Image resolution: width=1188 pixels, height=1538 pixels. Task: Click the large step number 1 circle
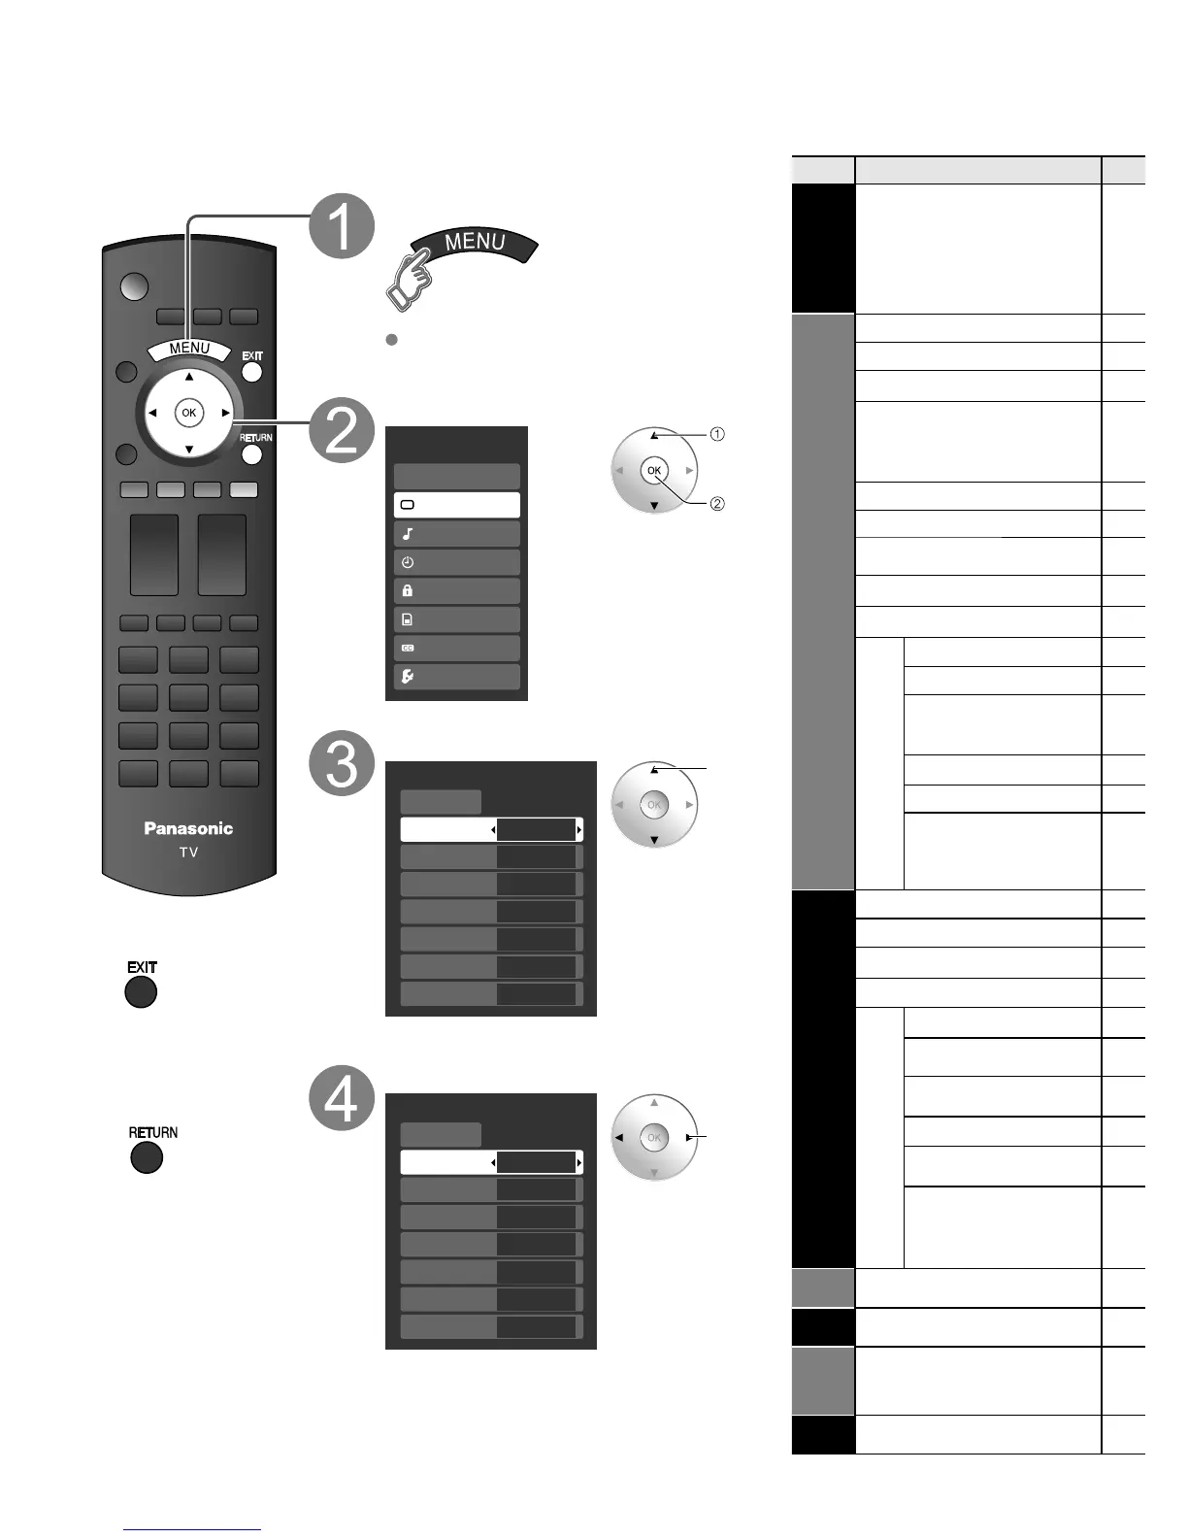343,225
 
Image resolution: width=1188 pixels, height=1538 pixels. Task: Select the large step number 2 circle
343,430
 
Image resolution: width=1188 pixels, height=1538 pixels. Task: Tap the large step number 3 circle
343,764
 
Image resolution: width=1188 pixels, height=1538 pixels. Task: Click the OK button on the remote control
188,413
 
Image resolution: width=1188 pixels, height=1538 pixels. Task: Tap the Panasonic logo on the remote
188,828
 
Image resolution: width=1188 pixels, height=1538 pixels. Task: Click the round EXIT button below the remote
141,992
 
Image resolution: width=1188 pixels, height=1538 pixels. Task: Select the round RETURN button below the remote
147,1157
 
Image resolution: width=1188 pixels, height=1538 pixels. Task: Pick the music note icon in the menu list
408,534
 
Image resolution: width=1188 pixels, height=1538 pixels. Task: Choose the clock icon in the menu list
408,562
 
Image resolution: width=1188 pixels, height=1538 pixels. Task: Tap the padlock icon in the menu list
408,590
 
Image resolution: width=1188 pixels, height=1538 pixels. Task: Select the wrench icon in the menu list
408,677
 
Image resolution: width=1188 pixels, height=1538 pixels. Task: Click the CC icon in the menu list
408,648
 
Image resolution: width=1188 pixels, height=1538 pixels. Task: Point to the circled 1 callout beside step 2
717,434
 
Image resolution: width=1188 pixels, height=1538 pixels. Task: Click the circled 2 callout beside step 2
717,503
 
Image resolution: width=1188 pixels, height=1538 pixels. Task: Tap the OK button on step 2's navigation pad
654,471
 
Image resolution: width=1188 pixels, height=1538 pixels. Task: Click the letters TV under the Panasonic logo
188,853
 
